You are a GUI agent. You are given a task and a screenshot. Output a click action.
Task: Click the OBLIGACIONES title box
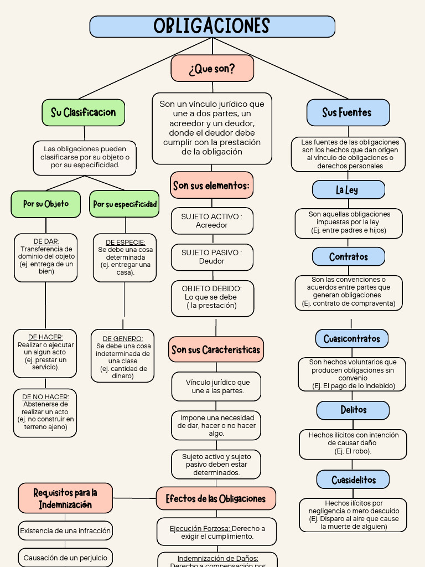(212, 27)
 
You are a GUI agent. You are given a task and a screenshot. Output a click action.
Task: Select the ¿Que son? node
(212, 68)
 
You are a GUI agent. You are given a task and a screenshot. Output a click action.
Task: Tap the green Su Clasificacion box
(84, 112)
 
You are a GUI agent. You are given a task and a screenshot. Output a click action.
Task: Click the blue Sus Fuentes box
(348, 112)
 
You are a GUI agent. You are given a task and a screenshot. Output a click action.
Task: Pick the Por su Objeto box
(46, 204)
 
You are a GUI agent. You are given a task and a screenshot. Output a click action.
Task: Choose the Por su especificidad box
(125, 204)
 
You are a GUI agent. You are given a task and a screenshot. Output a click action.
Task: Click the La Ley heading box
(349, 189)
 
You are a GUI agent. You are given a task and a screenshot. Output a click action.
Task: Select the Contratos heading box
(349, 257)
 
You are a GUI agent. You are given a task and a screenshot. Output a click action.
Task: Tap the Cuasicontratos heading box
(352, 338)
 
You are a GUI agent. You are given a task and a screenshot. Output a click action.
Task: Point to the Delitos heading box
(353, 410)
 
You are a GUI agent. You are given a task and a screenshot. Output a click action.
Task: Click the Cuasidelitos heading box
(353, 480)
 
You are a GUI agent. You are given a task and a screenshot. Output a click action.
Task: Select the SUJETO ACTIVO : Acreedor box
(212, 220)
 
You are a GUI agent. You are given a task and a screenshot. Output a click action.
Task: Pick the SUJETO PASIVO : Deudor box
(212, 257)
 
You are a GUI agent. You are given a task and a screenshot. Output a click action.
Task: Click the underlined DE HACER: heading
(45, 337)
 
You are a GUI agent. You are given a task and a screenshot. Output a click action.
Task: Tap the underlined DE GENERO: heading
(123, 338)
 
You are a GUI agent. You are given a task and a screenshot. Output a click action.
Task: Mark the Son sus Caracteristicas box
(216, 349)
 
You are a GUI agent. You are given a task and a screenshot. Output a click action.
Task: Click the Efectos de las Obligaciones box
(216, 498)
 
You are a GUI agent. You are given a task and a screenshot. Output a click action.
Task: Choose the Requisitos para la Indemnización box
(65, 498)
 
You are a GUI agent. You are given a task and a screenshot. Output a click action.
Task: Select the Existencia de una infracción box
(65, 530)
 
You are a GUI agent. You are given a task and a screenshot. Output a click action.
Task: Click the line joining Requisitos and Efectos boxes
(134, 498)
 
